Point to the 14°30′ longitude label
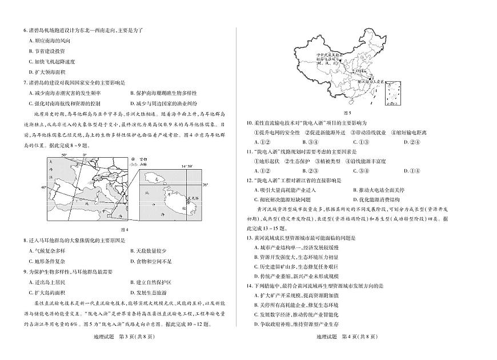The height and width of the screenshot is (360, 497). tap(187, 166)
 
